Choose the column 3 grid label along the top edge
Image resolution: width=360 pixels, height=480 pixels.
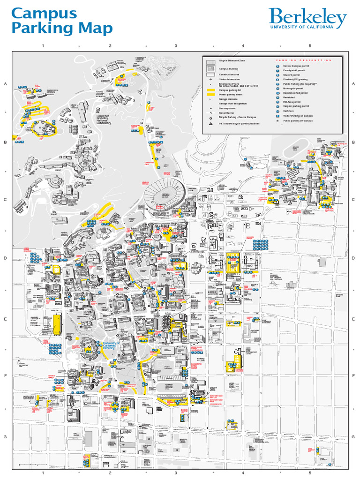[x=176, y=46]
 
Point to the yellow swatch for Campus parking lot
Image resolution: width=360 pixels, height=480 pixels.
[x=211, y=90]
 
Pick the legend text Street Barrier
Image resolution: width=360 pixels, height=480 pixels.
[x=226, y=112]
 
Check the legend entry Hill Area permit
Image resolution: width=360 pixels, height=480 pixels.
[x=292, y=102]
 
